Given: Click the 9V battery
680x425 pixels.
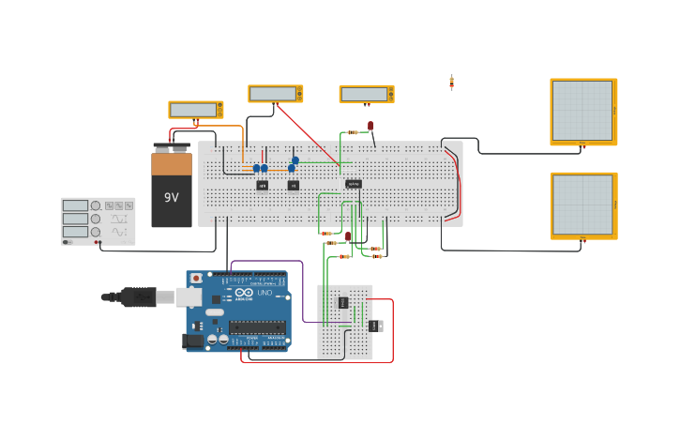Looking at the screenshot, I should click(172, 188).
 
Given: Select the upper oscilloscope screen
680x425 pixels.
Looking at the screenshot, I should click(582, 111).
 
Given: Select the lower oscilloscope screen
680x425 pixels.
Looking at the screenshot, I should click(582, 205).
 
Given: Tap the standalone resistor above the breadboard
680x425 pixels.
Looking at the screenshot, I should click(451, 83).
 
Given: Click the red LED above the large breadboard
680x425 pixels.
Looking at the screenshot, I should click(370, 125).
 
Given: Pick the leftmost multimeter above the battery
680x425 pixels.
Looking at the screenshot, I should click(195, 110).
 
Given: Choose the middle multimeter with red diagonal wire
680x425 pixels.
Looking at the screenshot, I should click(275, 94).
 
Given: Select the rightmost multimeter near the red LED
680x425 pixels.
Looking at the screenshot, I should click(366, 94).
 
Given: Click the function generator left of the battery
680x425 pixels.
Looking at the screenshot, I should click(98, 220).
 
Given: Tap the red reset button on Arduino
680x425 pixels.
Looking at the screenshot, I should click(196, 279).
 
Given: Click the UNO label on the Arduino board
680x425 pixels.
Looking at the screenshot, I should click(265, 292).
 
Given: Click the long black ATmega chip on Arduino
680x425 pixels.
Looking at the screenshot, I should click(257, 326).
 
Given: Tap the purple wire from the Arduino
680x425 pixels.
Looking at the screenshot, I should click(303, 291).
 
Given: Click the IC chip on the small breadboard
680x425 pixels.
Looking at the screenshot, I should click(343, 302).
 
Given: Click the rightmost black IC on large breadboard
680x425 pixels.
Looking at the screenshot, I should click(354, 184).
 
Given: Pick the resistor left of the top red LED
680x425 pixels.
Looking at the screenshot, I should click(352, 132).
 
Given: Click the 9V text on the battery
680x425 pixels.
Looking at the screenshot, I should click(172, 198).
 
